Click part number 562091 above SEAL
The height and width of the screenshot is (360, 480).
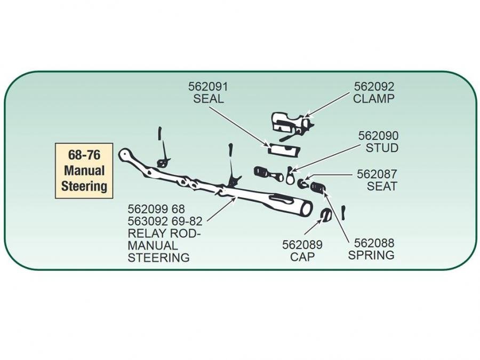207,86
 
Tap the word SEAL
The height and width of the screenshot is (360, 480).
208,99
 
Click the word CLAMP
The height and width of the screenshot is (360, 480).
373,99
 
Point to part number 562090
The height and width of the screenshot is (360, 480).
378,135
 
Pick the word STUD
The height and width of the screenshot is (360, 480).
382,148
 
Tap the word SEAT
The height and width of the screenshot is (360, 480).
382,187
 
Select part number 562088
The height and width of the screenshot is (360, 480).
374,243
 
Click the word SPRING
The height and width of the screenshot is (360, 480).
371,255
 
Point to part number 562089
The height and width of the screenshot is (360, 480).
302,245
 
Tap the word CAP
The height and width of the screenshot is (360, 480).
302,257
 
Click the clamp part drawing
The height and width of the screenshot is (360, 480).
291,124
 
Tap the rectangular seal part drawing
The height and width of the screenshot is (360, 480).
283,148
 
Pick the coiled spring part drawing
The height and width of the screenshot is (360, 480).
318,188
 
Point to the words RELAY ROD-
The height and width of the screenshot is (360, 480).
158,234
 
